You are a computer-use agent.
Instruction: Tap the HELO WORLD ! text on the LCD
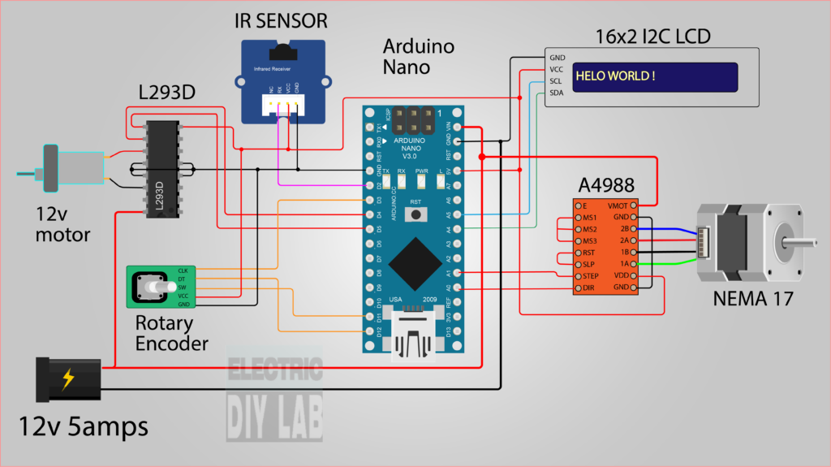pos(615,76)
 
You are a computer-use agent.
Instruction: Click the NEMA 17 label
pos(752,298)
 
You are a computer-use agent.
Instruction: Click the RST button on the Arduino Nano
pos(416,214)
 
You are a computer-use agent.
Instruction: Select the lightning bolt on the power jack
pos(68,379)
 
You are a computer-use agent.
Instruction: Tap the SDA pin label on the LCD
pos(557,93)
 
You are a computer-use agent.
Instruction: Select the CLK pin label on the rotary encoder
pos(183,270)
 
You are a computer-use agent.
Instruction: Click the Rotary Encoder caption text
pos(171,332)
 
